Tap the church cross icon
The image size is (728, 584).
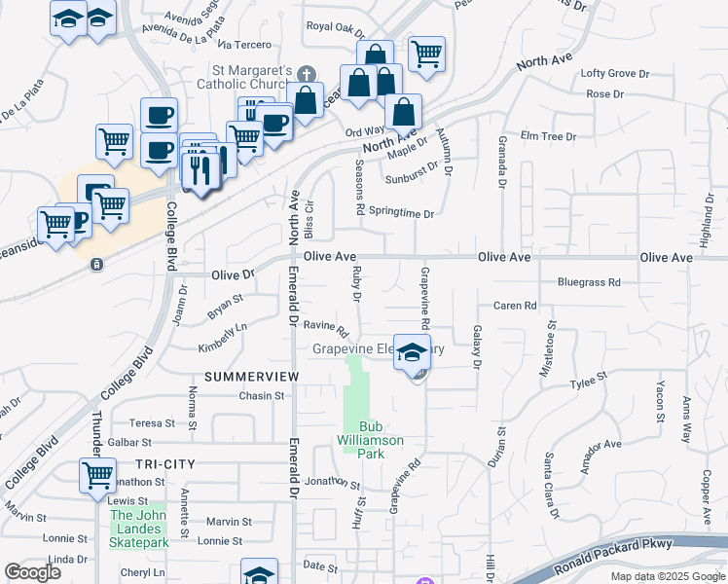306,73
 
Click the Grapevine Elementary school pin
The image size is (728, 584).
412,354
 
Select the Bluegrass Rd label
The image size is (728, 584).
589,282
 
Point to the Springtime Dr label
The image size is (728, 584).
401,213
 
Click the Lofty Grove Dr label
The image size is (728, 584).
614,74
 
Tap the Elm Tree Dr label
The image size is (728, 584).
549,137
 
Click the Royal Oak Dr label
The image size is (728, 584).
335,27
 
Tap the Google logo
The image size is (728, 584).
32,572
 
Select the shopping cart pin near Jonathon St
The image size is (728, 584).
98,477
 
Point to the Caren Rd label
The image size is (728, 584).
515,306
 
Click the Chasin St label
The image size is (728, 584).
261,396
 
